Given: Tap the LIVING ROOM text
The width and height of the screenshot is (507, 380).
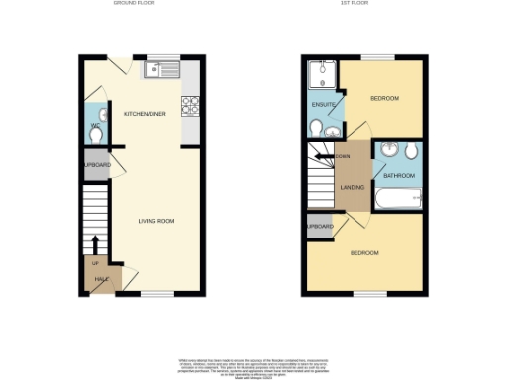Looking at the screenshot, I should pos(156,220).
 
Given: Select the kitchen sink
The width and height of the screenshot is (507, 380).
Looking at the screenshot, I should pos(158,69).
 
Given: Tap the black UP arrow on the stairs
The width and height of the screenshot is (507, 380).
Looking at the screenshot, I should pos(95,243).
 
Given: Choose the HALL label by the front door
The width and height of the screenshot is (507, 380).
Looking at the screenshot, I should pos(100,279).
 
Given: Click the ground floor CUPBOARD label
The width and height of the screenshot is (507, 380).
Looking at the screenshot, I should pos(96,164).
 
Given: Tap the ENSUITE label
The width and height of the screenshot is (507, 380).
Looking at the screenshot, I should pos(323,104).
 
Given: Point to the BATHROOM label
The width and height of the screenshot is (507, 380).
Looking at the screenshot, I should pos(399,175).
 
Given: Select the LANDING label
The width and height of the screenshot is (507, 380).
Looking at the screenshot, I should pos(352,187).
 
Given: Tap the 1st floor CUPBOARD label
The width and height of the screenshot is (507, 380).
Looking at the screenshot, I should pos(319,226).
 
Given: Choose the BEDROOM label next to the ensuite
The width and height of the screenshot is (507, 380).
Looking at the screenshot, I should pos(384,99).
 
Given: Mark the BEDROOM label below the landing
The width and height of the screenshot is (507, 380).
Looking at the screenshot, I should pos(364,253).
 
